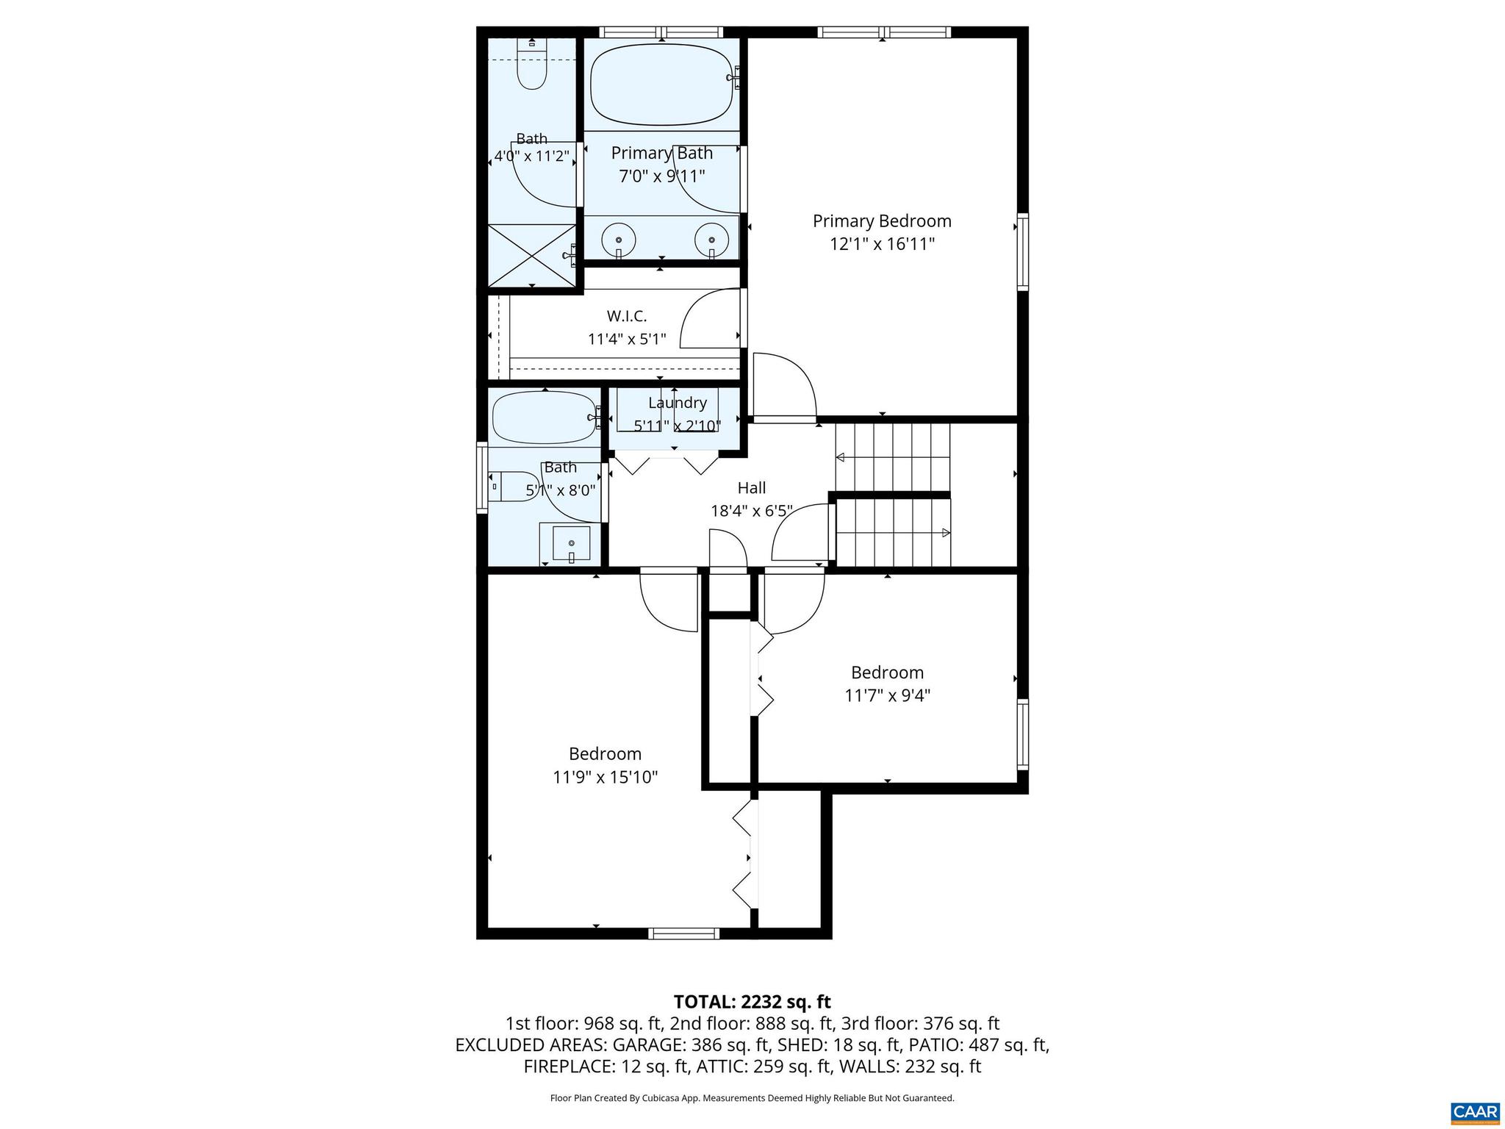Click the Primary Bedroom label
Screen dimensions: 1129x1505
tap(881, 221)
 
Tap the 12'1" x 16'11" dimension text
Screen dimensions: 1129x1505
tap(881, 244)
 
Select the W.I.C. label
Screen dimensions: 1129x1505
tap(626, 316)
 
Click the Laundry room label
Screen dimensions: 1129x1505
tap(677, 403)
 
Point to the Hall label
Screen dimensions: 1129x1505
tap(751, 487)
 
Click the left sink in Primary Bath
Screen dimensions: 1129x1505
tap(619, 239)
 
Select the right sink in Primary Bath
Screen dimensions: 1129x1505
tap(711, 239)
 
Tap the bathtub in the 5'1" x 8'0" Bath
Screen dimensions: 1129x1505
tap(544, 417)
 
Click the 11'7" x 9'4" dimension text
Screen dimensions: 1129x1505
tap(887, 695)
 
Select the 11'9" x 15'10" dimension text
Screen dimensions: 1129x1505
tap(605, 777)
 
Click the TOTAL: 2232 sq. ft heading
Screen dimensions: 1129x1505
tap(752, 1002)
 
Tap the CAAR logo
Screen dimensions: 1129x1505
tap(1475, 1111)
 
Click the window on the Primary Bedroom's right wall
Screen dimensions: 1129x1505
tap(1022, 252)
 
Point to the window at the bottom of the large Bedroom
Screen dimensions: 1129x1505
tap(683, 933)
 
